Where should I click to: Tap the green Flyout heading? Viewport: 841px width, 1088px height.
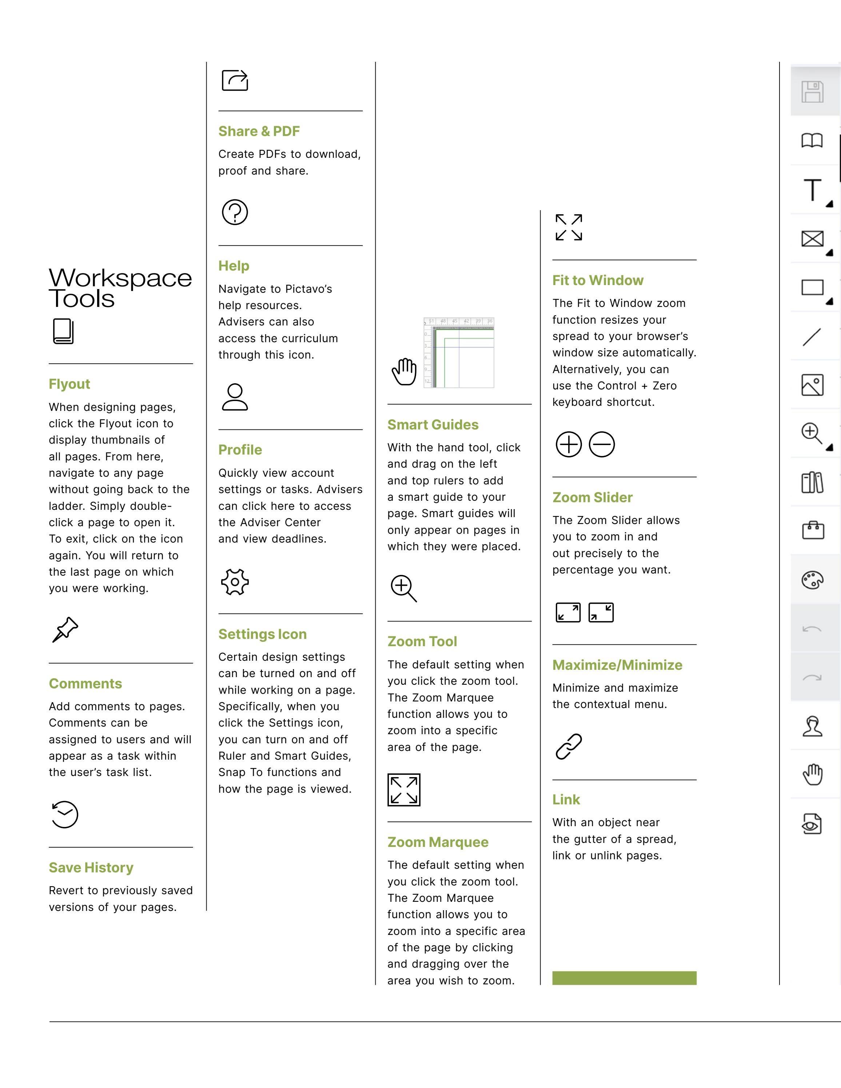pyautogui.click(x=69, y=384)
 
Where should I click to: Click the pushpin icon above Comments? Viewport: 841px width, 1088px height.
pyautogui.click(x=65, y=630)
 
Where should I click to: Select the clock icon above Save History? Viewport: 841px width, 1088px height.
pyautogui.click(x=65, y=815)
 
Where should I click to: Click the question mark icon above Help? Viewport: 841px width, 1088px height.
pyautogui.click(x=235, y=212)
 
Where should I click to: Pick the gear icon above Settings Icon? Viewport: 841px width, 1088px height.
pyautogui.click(x=235, y=582)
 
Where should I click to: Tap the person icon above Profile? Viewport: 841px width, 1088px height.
pyautogui.click(x=235, y=397)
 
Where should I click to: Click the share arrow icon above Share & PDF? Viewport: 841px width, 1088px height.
pyautogui.click(x=235, y=80)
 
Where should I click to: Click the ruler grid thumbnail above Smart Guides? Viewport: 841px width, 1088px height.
pyautogui.click(x=458, y=353)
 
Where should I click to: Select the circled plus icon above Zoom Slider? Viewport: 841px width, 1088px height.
pyautogui.click(x=569, y=444)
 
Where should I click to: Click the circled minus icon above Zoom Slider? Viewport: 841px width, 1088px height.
pyautogui.click(x=601, y=444)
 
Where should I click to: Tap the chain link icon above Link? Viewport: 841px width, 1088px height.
pyautogui.click(x=569, y=746)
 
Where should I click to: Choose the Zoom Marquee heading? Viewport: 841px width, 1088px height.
pyautogui.click(x=438, y=842)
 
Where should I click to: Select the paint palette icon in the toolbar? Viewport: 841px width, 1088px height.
pyautogui.click(x=812, y=580)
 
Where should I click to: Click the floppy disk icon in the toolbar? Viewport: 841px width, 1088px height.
pyautogui.click(x=812, y=92)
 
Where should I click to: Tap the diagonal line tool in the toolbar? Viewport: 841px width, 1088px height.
pyautogui.click(x=812, y=337)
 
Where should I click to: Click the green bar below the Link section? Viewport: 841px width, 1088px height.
pyautogui.click(x=624, y=977)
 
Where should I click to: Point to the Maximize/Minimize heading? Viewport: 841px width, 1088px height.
pyautogui.click(x=617, y=665)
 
